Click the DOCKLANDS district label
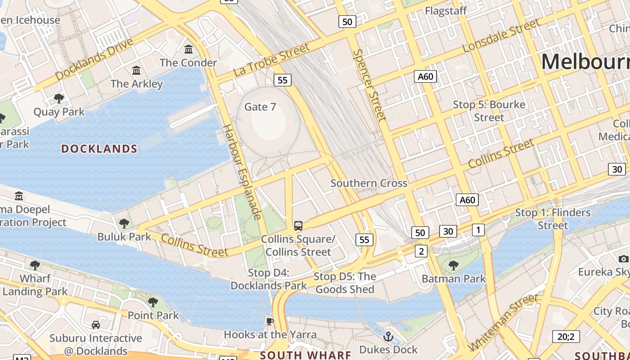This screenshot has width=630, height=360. tap(99, 148)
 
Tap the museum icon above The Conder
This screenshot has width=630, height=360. tap(189, 49)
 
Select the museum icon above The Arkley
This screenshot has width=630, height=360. tap(136, 70)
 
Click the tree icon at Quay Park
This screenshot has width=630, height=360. tap(58, 98)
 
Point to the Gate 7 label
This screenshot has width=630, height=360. tap(260, 107)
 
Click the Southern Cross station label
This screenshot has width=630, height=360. tap(369, 183)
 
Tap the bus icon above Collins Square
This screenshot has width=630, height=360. tap(298, 225)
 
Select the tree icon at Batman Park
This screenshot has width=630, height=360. tap(454, 265)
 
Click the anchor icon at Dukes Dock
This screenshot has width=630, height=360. tap(388, 336)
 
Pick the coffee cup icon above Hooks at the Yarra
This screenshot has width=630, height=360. tap(270, 321)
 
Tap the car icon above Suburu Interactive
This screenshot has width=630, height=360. tap(95, 324)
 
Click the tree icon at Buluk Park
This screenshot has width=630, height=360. tap(124, 223)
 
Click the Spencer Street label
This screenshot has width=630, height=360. tap(370, 85)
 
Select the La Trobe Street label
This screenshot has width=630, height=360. tap(271, 59)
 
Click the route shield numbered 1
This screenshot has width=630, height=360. tap(478, 230)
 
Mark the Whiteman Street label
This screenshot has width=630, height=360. tap(504, 322)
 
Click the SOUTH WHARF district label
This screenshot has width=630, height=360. tap(306, 355)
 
